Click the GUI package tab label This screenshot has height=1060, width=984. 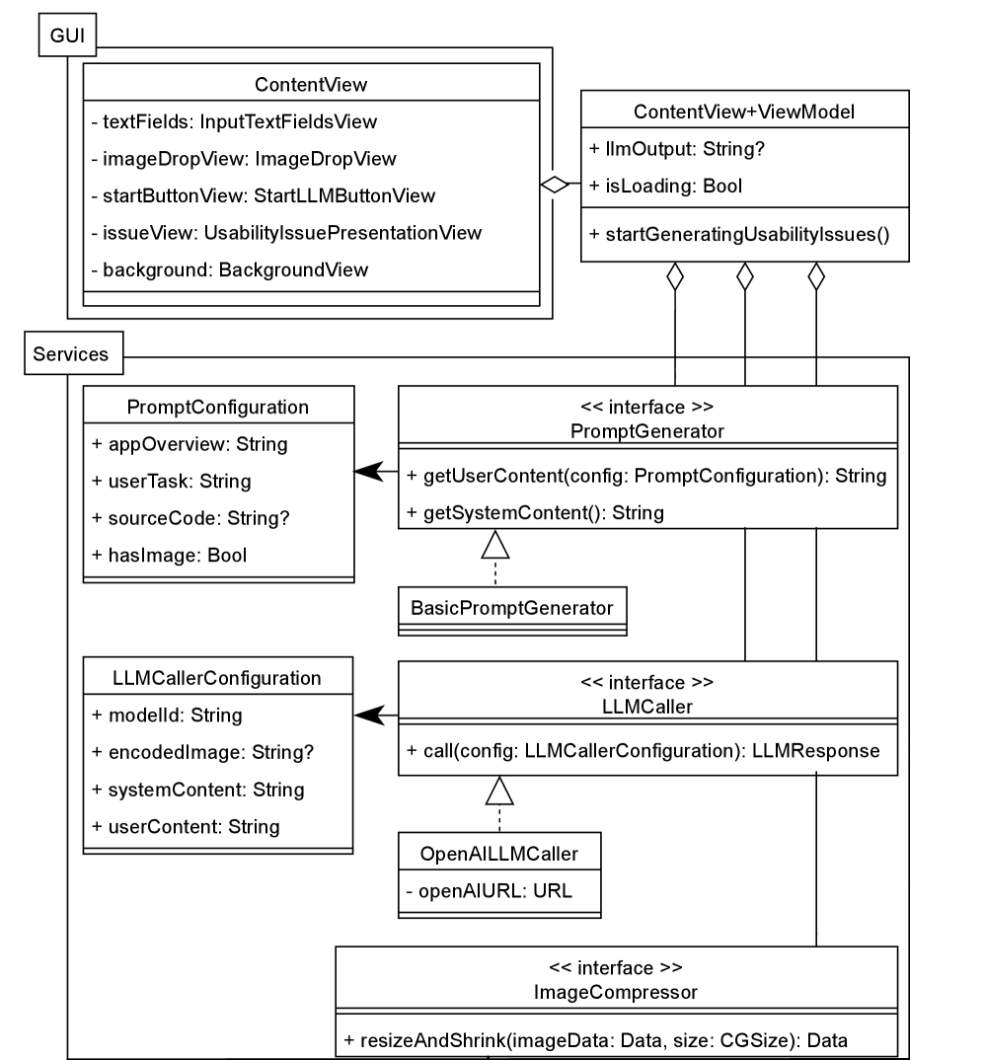(68, 37)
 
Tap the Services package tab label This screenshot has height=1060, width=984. (71, 353)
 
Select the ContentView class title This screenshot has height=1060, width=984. (310, 85)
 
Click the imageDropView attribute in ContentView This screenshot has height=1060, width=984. (243, 158)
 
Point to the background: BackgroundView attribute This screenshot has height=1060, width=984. (229, 269)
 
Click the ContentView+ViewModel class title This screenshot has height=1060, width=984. (744, 112)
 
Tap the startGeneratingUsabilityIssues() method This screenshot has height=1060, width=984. (739, 235)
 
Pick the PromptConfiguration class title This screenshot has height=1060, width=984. (218, 407)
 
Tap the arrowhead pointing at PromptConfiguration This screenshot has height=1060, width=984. (368, 475)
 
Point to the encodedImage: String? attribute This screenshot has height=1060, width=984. (202, 752)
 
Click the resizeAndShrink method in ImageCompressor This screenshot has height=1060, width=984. (596, 1040)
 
